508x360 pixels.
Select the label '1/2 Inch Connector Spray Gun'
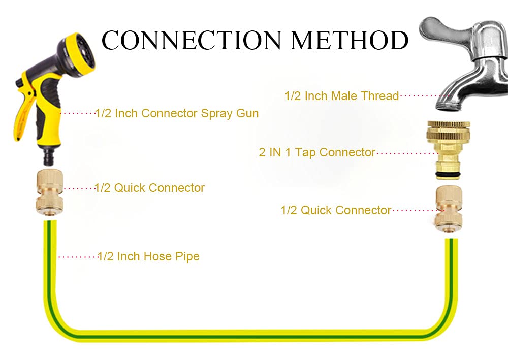click(x=177, y=113)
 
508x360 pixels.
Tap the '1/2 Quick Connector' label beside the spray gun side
click(x=149, y=188)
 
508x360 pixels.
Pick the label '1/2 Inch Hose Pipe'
click(x=148, y=256)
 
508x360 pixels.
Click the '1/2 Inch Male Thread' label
click(x=342, y=96)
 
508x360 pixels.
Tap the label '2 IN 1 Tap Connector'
click(x=317, y=152)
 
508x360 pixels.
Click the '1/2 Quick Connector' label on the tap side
click(x=336, y=210)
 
